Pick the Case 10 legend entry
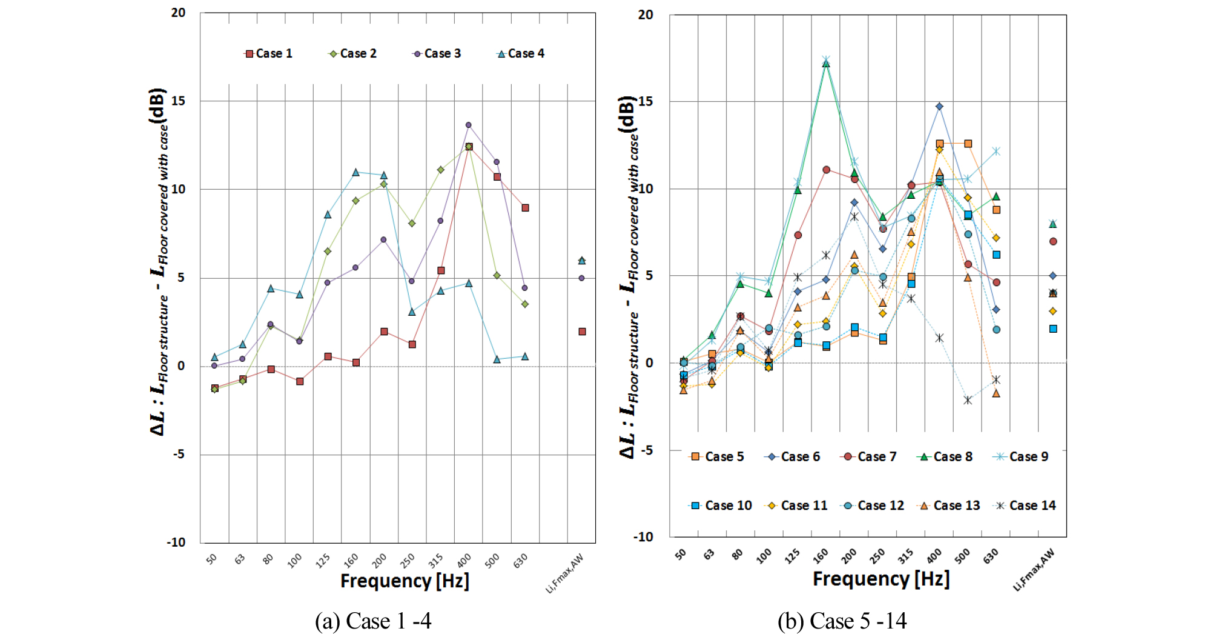tap(721, 506)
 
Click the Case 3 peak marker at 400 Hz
tap(468, 125)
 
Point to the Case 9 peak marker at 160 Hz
tap(826, 59)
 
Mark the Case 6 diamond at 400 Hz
tap(939, 107)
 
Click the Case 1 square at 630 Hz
tap(526, 208)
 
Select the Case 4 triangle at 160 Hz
tap(355, 173)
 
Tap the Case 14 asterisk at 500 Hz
tap(968, 400)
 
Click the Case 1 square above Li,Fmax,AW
tap(582, 332)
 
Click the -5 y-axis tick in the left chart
tap(178, 454)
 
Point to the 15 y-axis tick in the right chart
tap(646, 101)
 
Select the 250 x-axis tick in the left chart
tap(408, 559)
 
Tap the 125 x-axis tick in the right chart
tap(792, 556)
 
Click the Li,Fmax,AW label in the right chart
tap(1034, 570)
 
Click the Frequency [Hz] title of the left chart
tap(405, 581)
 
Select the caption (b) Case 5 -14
tap(842, 621)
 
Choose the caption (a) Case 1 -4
tap(373, 621)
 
